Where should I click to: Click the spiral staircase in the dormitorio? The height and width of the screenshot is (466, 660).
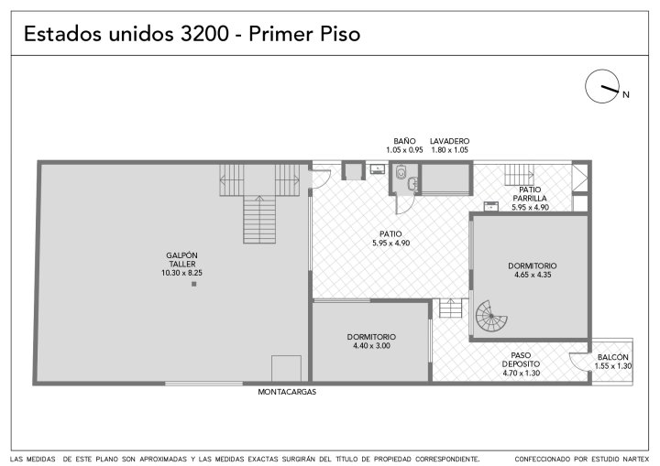click(491, 316)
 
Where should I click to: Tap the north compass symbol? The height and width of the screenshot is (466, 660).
click(602, 86)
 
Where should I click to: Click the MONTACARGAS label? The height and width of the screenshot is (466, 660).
click(287, 392)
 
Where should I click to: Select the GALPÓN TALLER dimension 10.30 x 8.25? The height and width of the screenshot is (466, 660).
click(181, 273)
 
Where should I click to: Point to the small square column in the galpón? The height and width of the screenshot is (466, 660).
click(194, 284)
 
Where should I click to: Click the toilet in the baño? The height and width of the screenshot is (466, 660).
click(401, 172)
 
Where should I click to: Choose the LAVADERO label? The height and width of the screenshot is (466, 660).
click(449, 141)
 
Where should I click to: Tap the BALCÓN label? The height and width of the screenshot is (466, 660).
click(613, 357)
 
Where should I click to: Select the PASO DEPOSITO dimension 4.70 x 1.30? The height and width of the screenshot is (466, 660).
click(521, 373)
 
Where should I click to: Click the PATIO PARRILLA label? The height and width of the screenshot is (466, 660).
click(530, 194)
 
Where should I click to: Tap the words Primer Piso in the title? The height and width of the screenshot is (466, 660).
click(304, 34)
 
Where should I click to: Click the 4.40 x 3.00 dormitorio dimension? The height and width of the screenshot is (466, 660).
click(371, 346)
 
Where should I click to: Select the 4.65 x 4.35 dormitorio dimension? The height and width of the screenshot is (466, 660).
click(533, 275)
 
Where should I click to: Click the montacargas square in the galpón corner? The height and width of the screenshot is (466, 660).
click(286, 368)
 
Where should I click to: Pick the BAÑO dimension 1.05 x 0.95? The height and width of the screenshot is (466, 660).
click(404, 150)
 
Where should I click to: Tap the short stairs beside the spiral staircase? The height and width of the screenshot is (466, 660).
click(451, 309)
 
